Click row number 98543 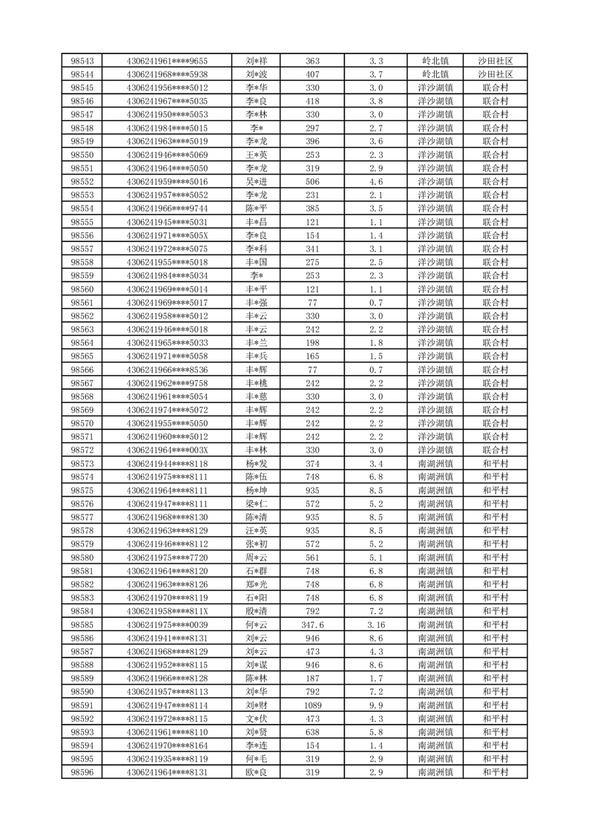pyautogui.click(x=82, y=61)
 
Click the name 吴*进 pyautogui.click(x=257, y=181)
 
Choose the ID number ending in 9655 pyautogui.click(x=168, y=61)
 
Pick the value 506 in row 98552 pyautogui.click(x=312, y=181)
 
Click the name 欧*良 pyautogui.click(x=257, y=772)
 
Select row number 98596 pyautogui.click(x=82, y=772)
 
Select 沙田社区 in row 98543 pyautogui.click(x=496, y=61)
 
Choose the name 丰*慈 pyautogui.click(x=257, y=396)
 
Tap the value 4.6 pyautogui.click(x=376, y=181)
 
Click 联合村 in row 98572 pyautogui.click(x=496, y=450)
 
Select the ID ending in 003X pyautogui.click(x=168, y=450)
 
